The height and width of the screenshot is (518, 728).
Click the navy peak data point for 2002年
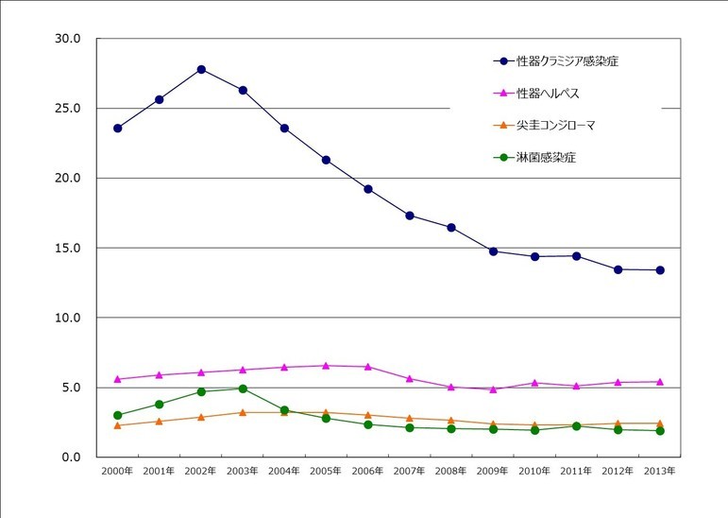pyautogui.click(x=201, y=69)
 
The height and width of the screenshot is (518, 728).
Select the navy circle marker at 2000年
pyautogui.click(x=117, y=128)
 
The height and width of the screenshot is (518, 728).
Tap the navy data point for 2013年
pyautogui.click(x=660, y=270)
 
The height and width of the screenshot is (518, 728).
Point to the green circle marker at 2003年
pyautogui.click(x=243, y=388)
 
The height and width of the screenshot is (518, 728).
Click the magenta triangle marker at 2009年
pyautogui.click(x=493, y=389)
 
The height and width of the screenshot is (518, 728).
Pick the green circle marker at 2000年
pyautogui.click(x=117, y=415)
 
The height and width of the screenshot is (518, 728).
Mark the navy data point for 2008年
pyautogui.click(x=451, y=228)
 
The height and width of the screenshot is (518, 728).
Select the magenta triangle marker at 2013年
pyautogui.click(x=660, y=382)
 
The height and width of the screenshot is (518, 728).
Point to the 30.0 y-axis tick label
pyautogui.click(x=70, y=39)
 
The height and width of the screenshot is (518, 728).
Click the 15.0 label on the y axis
pyautogui.click(x=70, y=248)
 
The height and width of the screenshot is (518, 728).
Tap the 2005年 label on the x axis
pyautogui.click(x=326, y=470)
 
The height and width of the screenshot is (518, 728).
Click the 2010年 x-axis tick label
pyautogui.click(x=534, y=470)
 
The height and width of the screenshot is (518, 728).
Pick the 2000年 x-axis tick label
pyautogui.click(x=117, y=470)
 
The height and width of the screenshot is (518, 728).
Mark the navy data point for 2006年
pyautogui.click(x=367, y=189)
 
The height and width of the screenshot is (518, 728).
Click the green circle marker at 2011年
pyautogui.click(x=576, y=426)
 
